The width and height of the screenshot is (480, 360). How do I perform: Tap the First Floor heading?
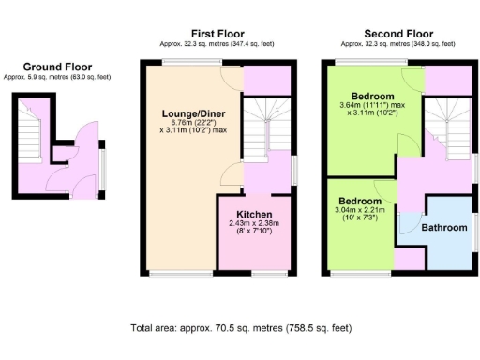click(217, 32)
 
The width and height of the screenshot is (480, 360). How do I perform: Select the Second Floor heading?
click(393, 32)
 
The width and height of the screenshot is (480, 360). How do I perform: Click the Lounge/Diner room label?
click(193, 113)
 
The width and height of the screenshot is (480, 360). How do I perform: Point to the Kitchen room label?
click(254, 214)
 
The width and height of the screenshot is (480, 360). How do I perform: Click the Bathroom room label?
click(443, 228)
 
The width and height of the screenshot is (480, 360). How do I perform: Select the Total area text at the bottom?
click(243, 329)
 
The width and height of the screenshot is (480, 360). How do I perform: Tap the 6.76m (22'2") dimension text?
click(193, 123)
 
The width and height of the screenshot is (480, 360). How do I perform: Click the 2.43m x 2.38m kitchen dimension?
click(254, 223)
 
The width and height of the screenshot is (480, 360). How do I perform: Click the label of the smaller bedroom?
click(360, 201)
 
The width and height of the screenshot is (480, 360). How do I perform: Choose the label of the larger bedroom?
click(372, 97)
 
